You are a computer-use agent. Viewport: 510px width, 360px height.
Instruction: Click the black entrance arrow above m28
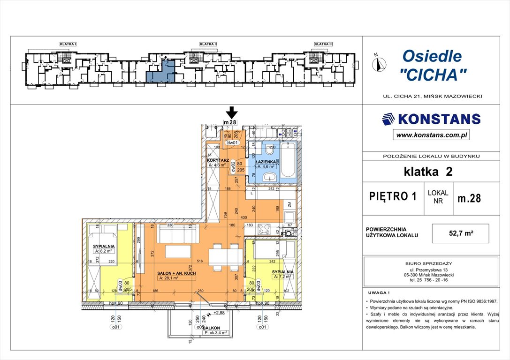coord(232,112)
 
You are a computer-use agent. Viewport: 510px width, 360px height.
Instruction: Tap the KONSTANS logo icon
coord(388,119)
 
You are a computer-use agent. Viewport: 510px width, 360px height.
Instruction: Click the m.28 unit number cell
coord(469,198)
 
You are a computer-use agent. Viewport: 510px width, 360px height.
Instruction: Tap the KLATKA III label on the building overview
coord(323,44)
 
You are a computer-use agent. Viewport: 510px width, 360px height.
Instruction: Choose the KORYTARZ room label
coord(218,160)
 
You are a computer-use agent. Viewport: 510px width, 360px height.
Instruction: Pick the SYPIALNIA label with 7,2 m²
coord(282,271)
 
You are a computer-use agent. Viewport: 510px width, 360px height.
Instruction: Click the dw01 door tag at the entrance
coord(233,143)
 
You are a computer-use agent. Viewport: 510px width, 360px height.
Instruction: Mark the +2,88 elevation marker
coord(219,312)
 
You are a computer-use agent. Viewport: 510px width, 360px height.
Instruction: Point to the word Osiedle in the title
coord(432,57)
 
